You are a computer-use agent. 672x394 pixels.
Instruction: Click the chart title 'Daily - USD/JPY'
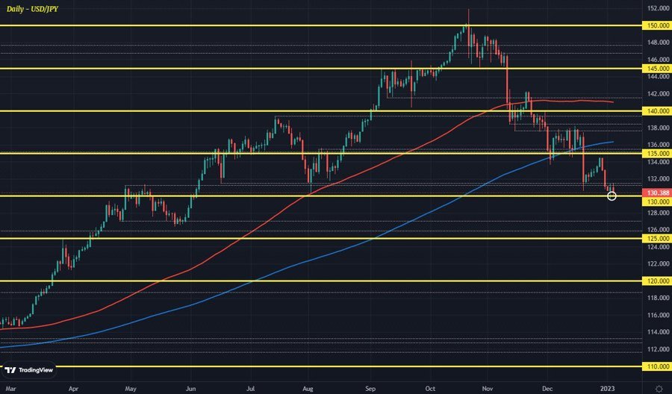coord(33,7)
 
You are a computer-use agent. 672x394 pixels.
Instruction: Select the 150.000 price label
coord(657,25)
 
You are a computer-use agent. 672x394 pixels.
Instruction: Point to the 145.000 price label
coord(657,68)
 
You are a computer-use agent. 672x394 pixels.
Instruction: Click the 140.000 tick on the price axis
coord(657,110)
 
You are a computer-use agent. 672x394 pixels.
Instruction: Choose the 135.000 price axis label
coord(657,153)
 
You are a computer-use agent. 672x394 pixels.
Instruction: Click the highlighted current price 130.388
coord(657,193)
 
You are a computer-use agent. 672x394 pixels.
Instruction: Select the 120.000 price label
coord(657,281)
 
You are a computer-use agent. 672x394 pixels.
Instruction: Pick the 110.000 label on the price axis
coord(657,366)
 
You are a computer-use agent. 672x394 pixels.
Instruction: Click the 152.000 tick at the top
coord(657,9)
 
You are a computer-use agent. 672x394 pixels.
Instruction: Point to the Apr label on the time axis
coord(72,388)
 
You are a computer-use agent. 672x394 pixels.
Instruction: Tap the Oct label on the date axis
coord(429,388)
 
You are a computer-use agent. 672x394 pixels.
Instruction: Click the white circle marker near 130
coord(612,196)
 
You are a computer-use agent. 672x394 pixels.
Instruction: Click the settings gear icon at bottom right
coord(658,388)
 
